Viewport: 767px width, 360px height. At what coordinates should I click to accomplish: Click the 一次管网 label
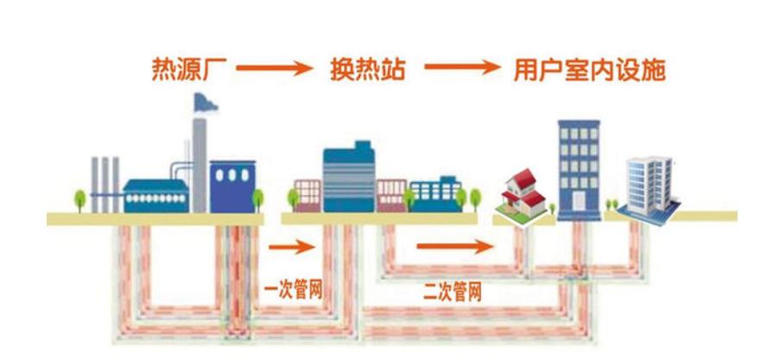pyautogui.click(x=294, y=287)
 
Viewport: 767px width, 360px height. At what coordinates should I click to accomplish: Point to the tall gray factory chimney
pyautogui.click(x=200, y=164)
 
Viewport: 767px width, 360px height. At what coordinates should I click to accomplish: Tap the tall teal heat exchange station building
pyautogui.click(x=349, y=177)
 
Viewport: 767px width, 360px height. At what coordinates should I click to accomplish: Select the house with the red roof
pyautogui.click(x=523, y=194)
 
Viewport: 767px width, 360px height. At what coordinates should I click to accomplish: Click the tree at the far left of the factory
pyautogui.click(x=79, y=199)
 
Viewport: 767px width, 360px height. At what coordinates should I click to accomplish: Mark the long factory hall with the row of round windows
pyautogui.click(x=156, y=195)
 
